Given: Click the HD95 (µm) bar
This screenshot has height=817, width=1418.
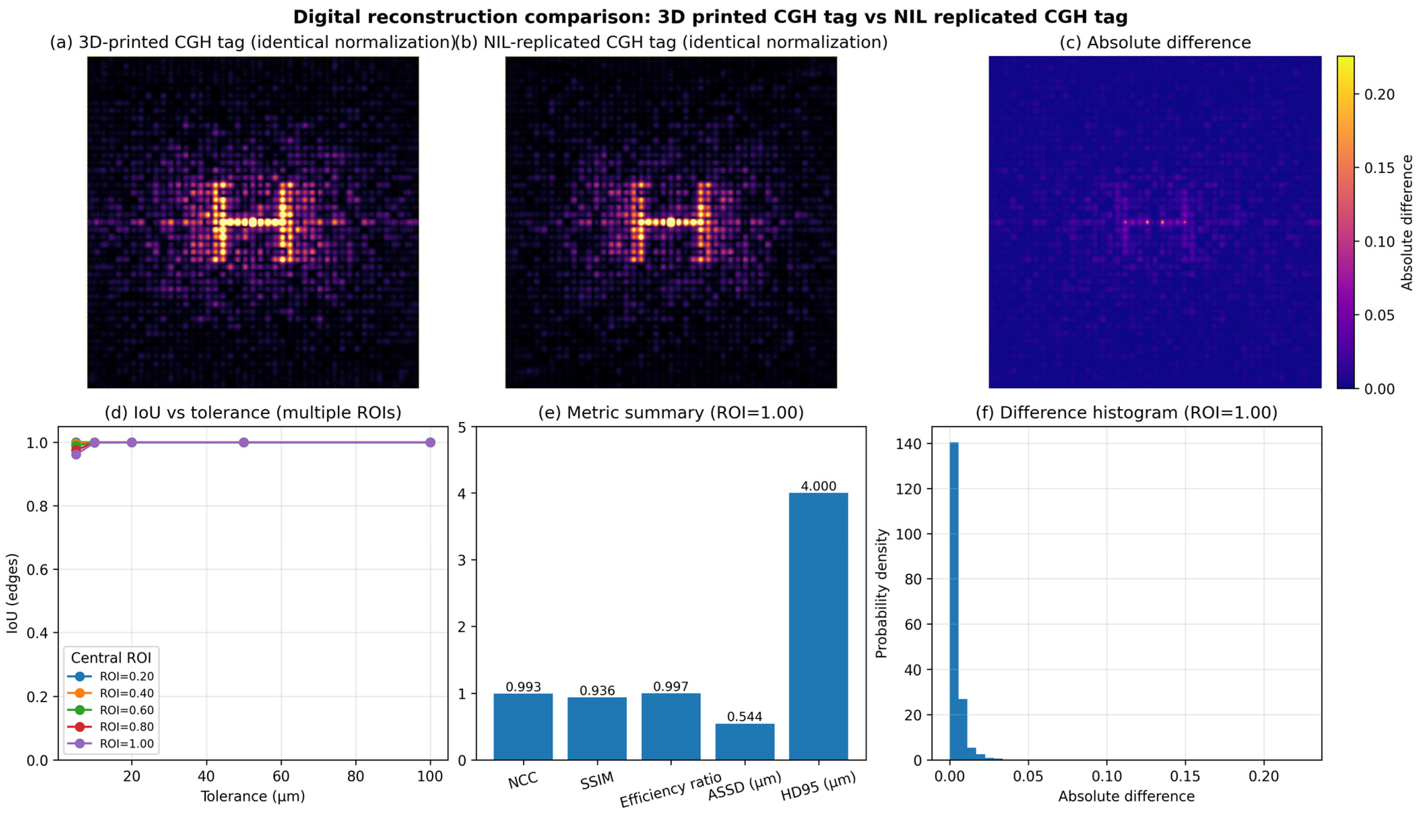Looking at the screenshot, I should [x=818, y=626].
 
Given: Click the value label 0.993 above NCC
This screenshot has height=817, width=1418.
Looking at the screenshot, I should [x=523, y=687].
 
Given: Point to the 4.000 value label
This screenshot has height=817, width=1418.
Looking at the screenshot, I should [x=818, y=486].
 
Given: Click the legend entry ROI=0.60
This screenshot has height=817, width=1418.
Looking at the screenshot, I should [x=126, y=710].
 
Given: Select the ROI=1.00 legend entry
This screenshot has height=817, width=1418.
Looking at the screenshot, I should [x=126, y=744].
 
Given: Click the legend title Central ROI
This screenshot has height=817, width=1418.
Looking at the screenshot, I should [x=111, y=658].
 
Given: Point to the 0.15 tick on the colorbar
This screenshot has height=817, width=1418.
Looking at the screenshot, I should [x=1379, y=168].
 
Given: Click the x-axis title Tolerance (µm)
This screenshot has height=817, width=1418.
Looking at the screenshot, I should [x=253, y=796].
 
